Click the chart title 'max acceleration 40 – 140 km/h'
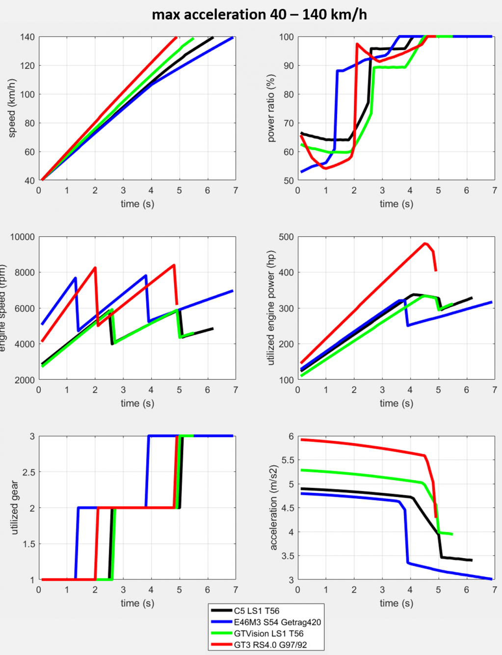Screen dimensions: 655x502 [x=259, y=14]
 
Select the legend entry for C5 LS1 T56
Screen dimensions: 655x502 [x=257, y=611]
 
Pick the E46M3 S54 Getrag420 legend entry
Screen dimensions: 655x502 [x=277, y=622]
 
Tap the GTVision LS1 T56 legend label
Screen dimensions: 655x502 [x=268, y=633]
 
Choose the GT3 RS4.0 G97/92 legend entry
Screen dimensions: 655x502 [x=270, y=645]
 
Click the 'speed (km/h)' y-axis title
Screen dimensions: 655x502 [x=12, y=108]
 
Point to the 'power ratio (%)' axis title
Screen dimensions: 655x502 [x=271, y=108]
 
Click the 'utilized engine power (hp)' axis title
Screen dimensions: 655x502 [x=271, y=308]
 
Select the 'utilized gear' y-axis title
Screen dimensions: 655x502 [x=14, y=508]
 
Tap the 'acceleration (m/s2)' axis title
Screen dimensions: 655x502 [x=273, y=508]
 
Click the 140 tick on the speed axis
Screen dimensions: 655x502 [x=27, y=37]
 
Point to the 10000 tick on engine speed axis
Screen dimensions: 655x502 [x=23, y=237]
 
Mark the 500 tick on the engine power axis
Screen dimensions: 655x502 [x=286, y=237]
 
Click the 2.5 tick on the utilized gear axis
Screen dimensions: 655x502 [x=29, y=472]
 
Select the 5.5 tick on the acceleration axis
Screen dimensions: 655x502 [x=288, y=460]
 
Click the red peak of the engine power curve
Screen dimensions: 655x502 [x=425, y=243]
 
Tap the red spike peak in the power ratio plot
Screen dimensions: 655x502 [x=357, y=44]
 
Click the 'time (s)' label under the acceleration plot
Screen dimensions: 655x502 [x=396, y=603]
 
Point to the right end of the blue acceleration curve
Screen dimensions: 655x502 [x=491, y=579]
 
